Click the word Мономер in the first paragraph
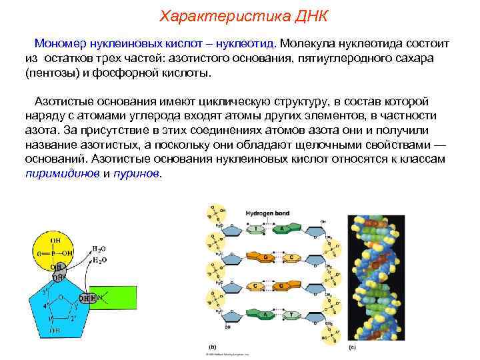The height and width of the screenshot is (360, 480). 61,43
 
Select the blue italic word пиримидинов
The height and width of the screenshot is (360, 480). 62,173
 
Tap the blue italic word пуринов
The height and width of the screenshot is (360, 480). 137,173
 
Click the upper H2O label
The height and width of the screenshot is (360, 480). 99,247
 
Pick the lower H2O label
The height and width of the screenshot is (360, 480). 99,259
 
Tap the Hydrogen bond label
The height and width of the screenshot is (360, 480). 265,213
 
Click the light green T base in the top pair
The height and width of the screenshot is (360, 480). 255,229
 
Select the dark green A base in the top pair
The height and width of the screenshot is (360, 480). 283,229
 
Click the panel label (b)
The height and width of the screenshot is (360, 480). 212,347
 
